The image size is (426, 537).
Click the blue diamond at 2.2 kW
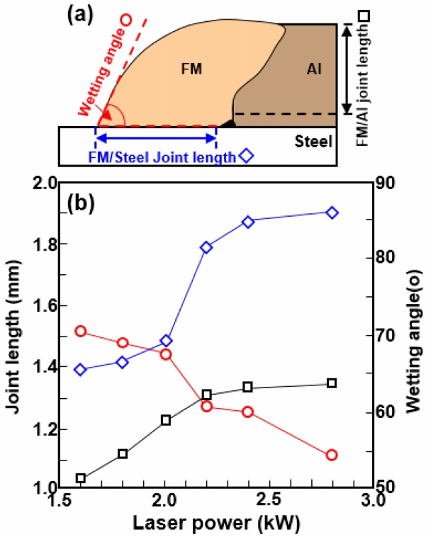(x=206, y=247)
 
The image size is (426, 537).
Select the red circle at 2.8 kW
(x=332, y=455)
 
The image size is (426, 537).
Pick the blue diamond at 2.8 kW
(x=332, y=213)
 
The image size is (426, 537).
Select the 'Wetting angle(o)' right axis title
(x=411, y=334)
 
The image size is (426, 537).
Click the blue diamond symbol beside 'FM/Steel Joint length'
(x=247, y=156)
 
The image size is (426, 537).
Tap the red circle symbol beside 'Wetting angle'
(x=127, y=19)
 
